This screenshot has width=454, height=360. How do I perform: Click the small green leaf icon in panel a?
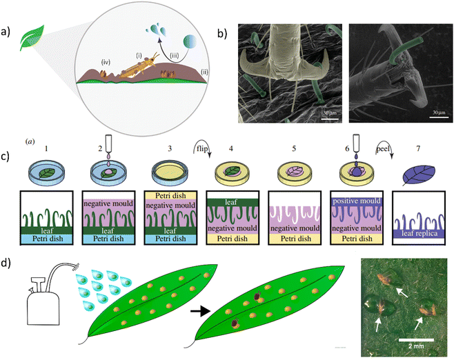coord(32,38)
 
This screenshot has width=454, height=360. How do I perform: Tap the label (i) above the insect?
coord(139,54)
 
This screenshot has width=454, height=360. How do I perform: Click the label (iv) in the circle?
coord(106,62)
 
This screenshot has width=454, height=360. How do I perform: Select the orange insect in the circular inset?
coord(139,68)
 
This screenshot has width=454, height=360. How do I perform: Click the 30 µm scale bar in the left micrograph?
coord(330,119)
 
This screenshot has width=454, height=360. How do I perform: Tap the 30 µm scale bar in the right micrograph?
coord(440,117)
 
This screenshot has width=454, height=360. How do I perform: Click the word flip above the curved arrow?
coord(201,149)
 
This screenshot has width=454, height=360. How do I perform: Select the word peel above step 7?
coord(384,149)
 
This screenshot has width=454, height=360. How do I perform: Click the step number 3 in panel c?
coord(170,148)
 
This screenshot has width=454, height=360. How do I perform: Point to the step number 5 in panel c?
coord(294,148)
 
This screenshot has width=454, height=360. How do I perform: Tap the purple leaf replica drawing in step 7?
coord(418,174)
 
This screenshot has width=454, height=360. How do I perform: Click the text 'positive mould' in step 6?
coord(357,201)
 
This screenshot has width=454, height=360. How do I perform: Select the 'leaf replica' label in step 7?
coord(420,234)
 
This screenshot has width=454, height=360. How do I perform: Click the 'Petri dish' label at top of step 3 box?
coord(170,196)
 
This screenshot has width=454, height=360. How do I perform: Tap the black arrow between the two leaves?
coord(200,312)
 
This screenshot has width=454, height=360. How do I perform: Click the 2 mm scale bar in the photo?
coord(416,339)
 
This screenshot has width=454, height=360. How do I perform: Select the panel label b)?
coord(222,34)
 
